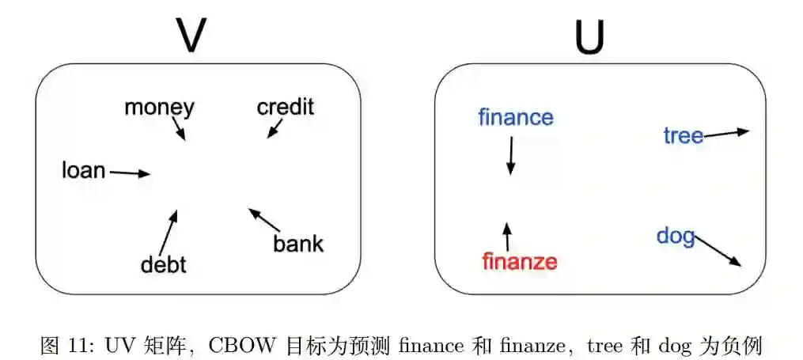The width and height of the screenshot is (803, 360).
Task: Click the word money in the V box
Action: (159, 107)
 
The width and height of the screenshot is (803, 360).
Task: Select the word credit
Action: (286, 106)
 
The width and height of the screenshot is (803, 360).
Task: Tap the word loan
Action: (84, 169)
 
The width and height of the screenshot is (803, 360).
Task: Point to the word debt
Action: (163, 263)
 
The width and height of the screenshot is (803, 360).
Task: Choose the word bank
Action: (298, 243)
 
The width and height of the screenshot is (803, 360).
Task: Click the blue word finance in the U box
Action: (516, 118)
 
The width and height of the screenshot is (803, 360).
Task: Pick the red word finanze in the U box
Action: (520, 261)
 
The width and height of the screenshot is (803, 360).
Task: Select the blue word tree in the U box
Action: (684, 136)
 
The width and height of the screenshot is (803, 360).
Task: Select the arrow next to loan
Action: (130, 172)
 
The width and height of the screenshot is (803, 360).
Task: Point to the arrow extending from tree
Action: (725, 133)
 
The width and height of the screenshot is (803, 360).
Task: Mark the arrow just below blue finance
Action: (510, 156)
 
